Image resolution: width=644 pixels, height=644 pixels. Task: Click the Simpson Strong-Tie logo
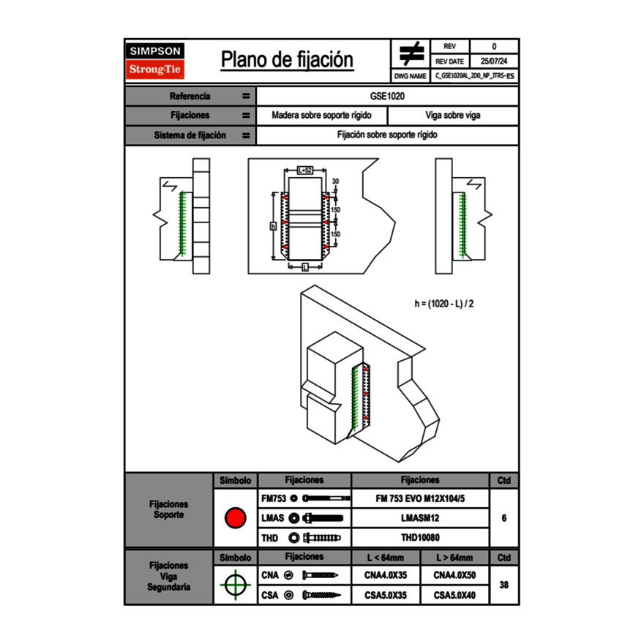tap(156, 61)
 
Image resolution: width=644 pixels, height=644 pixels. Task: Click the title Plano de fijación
tap(287, 60)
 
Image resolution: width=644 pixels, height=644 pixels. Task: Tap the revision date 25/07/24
tap(494, 61)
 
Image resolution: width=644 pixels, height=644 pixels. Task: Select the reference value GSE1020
tap(387, 96)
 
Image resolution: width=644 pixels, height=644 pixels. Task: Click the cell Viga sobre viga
tap(452, 116)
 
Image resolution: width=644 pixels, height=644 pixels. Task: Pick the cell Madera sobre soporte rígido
tap(321, 116)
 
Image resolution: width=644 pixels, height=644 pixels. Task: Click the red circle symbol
tap(235, 518)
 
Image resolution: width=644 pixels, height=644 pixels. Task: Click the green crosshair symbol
tap(235, 585)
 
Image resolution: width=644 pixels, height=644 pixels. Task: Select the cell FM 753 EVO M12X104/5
tap(419, 498)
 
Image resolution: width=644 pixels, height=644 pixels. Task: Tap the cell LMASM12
tap(419, 518)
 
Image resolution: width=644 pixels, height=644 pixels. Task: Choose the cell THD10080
tap(419, 537)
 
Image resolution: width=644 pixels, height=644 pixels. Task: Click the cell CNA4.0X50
tap(454, 576)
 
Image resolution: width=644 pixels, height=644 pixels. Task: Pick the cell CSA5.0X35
tap(385, 596)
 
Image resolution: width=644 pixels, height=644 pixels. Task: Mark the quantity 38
tap(503, 585)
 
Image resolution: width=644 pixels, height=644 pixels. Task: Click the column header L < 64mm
tap(385, 558)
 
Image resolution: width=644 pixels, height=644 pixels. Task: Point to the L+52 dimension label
tap(304, 170)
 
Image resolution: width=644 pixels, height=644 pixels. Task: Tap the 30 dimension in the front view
tap(335, 181)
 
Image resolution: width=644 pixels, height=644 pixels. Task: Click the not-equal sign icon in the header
tap(411, 54)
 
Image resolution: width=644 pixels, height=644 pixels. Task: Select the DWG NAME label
tap(410, 76)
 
